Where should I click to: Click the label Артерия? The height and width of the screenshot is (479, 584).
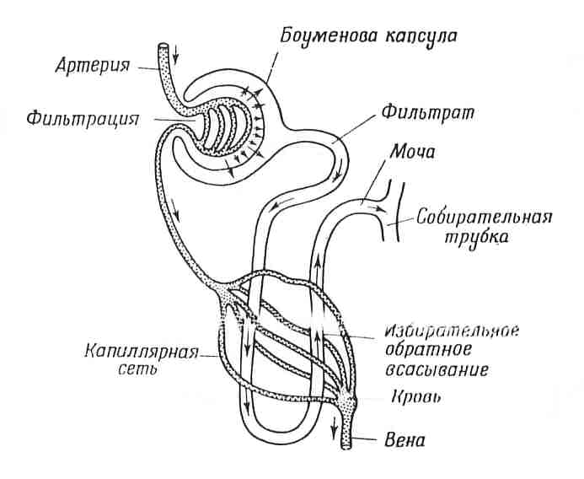point(93,67)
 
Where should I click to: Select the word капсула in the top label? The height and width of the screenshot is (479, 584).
point(421,37)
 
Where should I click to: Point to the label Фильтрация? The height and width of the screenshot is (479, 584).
point(83,119)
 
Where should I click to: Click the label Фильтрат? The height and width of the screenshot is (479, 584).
point(428,112)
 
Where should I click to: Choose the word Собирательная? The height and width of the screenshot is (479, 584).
point(485,217)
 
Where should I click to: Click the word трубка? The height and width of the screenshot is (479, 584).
point(476,237)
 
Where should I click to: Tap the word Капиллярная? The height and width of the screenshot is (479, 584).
point(142,352)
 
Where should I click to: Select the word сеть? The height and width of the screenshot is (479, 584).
point(137,369)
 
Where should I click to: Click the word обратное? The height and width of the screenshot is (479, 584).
point(428,350)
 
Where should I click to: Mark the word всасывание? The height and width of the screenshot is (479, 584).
point(437,369)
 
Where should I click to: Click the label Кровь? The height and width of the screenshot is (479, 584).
point(416,397)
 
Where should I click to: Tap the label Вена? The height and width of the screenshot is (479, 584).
point(405,440)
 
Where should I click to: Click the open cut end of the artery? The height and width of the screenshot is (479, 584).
point(163,46)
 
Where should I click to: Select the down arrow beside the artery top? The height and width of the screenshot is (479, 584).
point(176,55)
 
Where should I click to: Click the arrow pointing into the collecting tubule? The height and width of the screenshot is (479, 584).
point(377,208)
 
